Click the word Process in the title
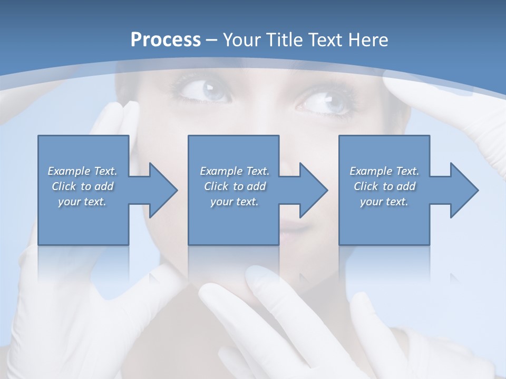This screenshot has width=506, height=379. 166,39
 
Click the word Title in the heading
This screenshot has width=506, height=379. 285,39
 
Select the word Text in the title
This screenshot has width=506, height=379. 326,39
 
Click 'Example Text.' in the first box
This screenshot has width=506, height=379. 83,171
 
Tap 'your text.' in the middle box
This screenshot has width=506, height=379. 234,202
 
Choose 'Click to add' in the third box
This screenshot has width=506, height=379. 384,186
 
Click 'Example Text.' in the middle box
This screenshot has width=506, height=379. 234,171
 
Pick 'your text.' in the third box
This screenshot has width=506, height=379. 384,202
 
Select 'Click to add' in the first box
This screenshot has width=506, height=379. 83,186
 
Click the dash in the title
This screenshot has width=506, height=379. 211,40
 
